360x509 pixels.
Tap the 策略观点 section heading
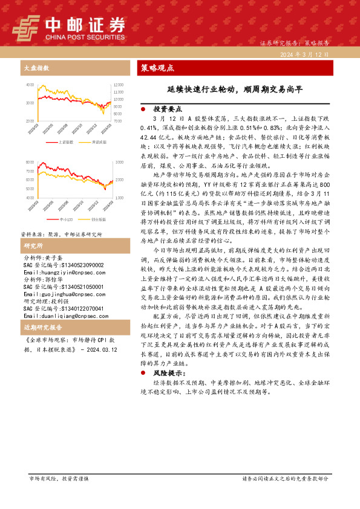point(157,67)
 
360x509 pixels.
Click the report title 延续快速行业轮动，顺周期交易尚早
point(235,89)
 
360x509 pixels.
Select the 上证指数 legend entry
point(67,142)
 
